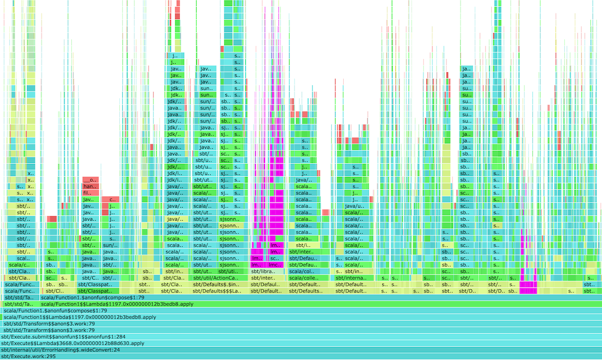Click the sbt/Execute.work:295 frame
pos(301,356)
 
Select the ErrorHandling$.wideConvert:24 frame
pos(301,350)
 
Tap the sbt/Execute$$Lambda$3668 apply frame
pos(301,343)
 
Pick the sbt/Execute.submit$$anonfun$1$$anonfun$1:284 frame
pos(301,337)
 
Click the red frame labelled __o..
pos(91,179)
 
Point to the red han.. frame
pos(91,186)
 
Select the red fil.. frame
pos(91,193)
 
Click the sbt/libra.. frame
pos(266,271)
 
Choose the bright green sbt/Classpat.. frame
pos(98,291)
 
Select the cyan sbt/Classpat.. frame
pos(98,284)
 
